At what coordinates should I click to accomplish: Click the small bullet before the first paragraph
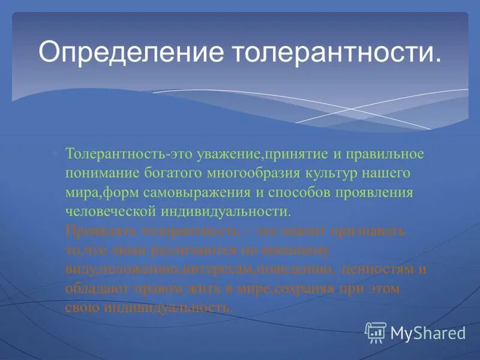[x=54, y=154]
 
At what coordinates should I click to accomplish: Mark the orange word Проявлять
[x=99, y=231]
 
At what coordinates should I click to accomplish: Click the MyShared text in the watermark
[x=428, y=332]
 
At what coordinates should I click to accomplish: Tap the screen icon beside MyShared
[x=376, y=331]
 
